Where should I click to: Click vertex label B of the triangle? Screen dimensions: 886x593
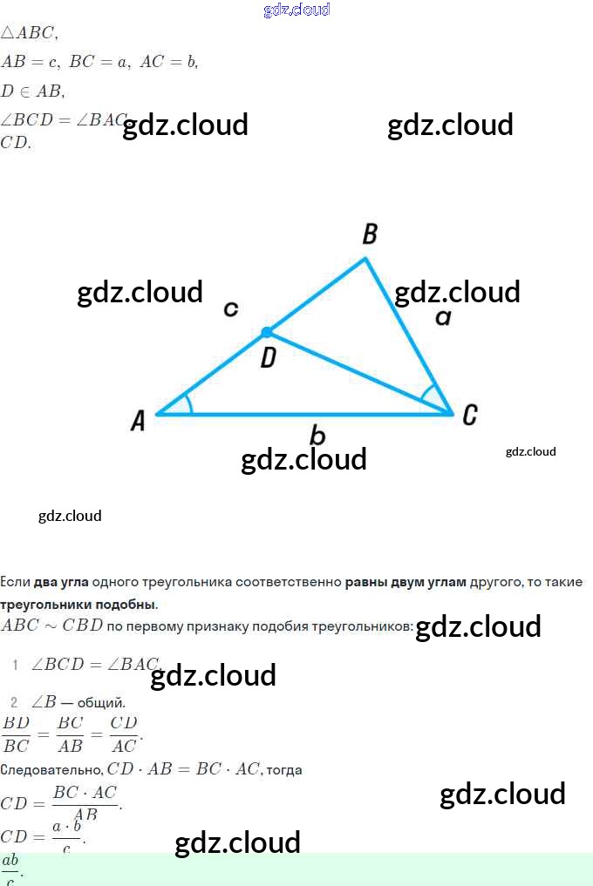pos(370,234)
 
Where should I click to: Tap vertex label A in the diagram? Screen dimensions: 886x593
pos(138,422)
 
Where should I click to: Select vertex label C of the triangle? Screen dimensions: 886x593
pos(469,416)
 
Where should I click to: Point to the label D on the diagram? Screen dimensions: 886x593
pos(269,357)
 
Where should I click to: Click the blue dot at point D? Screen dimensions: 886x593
pos(267,332)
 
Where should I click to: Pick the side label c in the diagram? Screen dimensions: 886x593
pos(231,308)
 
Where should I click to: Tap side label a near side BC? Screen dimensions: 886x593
pos(443,318)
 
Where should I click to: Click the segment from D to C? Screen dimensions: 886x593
pos(358,373)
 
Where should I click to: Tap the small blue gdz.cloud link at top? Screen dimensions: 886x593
pos(296,10)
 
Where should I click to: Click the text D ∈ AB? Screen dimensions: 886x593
pos(32,91)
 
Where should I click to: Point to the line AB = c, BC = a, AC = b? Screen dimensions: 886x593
pos(99,62)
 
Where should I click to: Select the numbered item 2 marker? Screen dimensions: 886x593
pos(14,702)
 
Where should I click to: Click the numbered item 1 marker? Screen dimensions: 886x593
pos(15,666)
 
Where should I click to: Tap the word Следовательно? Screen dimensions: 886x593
pos(51,770)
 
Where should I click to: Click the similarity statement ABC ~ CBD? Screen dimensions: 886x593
pos(52,626)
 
